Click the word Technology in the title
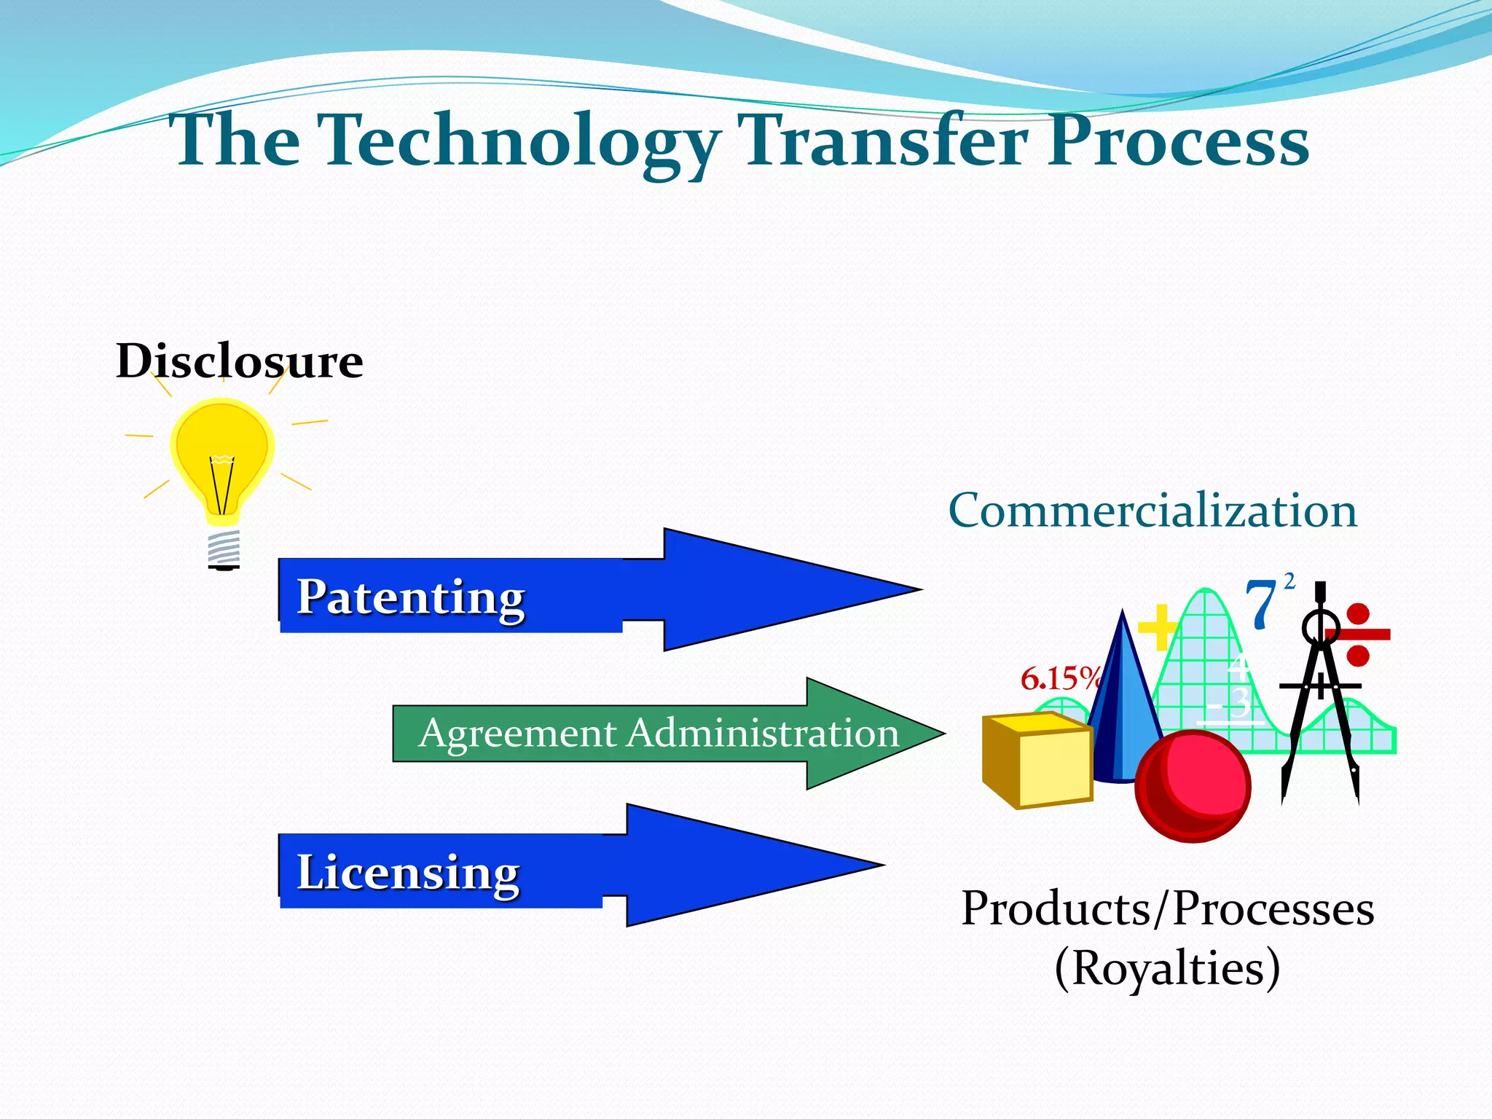pos(521,142)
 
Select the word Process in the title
pos(1178,142)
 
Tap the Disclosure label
pos(239,361)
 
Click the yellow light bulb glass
pos(223,452)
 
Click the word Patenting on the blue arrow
pos(410,597)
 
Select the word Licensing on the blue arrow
pos(408,872)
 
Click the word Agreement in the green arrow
pos(517,734)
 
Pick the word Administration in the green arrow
pos(763,733)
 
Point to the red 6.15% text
pos(1059,679)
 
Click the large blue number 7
pos(1260,603)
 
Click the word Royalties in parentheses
pos(1167,968)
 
